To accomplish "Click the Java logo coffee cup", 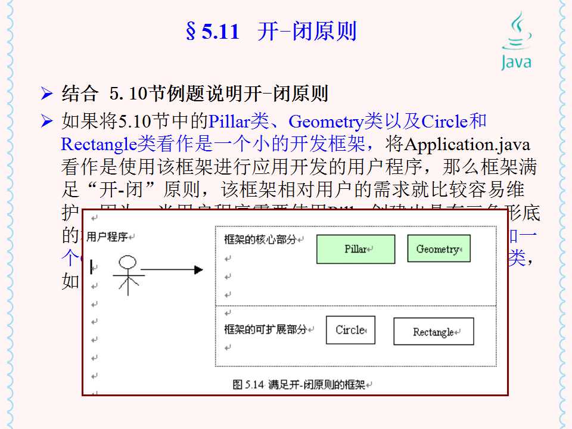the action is click(x=516, y=32).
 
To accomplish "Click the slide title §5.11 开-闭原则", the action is click(x=271, y=32).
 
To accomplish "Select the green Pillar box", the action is click(x=355, y=249).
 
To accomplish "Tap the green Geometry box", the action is click(x=439, y=249).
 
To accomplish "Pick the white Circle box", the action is click(x=350, y=330).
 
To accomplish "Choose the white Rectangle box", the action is click(x=433, y=331).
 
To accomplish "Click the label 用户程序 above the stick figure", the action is click(x=107, y=237).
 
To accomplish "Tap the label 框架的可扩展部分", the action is click(x=266, y=329).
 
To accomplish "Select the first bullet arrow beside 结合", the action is click(x=47, y=94).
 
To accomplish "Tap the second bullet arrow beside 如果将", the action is click(x=47, y=122).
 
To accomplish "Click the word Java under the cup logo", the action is click(x=516, y=62).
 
